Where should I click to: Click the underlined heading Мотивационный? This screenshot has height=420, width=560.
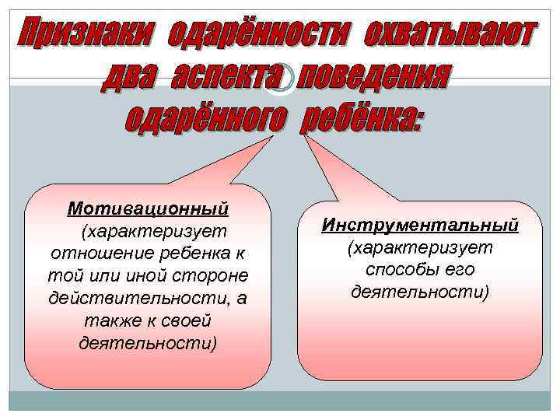pyautogui.click(x=148, y=210)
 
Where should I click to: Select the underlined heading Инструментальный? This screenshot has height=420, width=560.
pyautogui.click(x=420, y=225)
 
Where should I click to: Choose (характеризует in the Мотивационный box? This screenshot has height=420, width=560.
pyautogui.click(x=148, y=232)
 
